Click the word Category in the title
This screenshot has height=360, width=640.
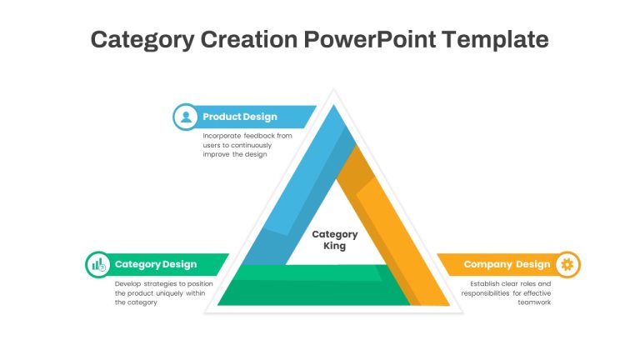142,40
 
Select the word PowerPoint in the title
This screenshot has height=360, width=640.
370,39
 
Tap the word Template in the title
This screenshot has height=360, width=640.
495,40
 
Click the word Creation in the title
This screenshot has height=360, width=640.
249,39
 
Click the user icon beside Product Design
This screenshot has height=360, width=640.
186,117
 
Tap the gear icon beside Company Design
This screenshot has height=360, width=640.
567,264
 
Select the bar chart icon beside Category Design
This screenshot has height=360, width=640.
98,264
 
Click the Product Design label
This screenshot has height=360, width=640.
240,117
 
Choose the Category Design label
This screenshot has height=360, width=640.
156,264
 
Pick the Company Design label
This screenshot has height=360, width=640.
507,264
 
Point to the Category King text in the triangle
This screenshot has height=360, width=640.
335,240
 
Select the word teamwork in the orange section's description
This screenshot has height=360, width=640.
534,302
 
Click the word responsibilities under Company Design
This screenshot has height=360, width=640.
485,293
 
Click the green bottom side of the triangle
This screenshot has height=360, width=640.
314,286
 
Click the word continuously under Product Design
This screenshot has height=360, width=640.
251,145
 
